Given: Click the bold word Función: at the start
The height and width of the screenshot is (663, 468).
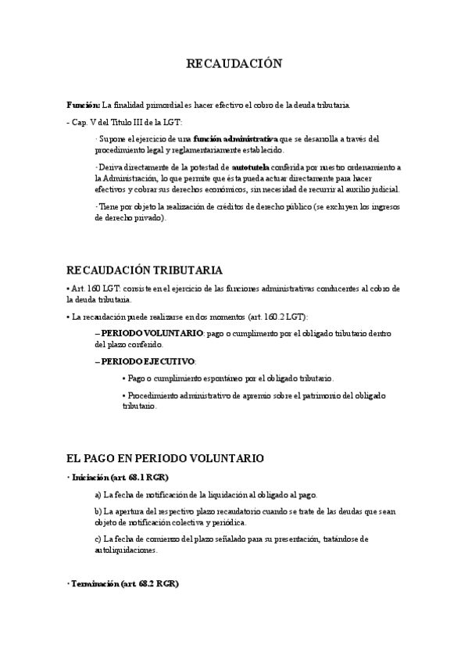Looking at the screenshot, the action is [x=83, y=105].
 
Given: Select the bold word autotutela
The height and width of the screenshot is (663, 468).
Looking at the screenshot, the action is [x=251, y=167].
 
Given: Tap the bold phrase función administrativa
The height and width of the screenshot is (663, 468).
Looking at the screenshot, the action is [x=235, y=138].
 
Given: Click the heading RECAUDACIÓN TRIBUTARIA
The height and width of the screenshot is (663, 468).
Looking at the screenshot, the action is [x=145, y=271].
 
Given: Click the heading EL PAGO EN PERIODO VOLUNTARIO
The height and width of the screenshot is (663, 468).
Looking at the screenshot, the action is [x=166, y=457].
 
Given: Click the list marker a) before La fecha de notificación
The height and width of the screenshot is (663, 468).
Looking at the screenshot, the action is [x=98, y=495].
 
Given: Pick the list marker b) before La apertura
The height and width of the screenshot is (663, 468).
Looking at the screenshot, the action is [x=98, y=511].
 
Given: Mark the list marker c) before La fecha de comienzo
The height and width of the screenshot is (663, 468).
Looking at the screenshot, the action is [x=98, y=539].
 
